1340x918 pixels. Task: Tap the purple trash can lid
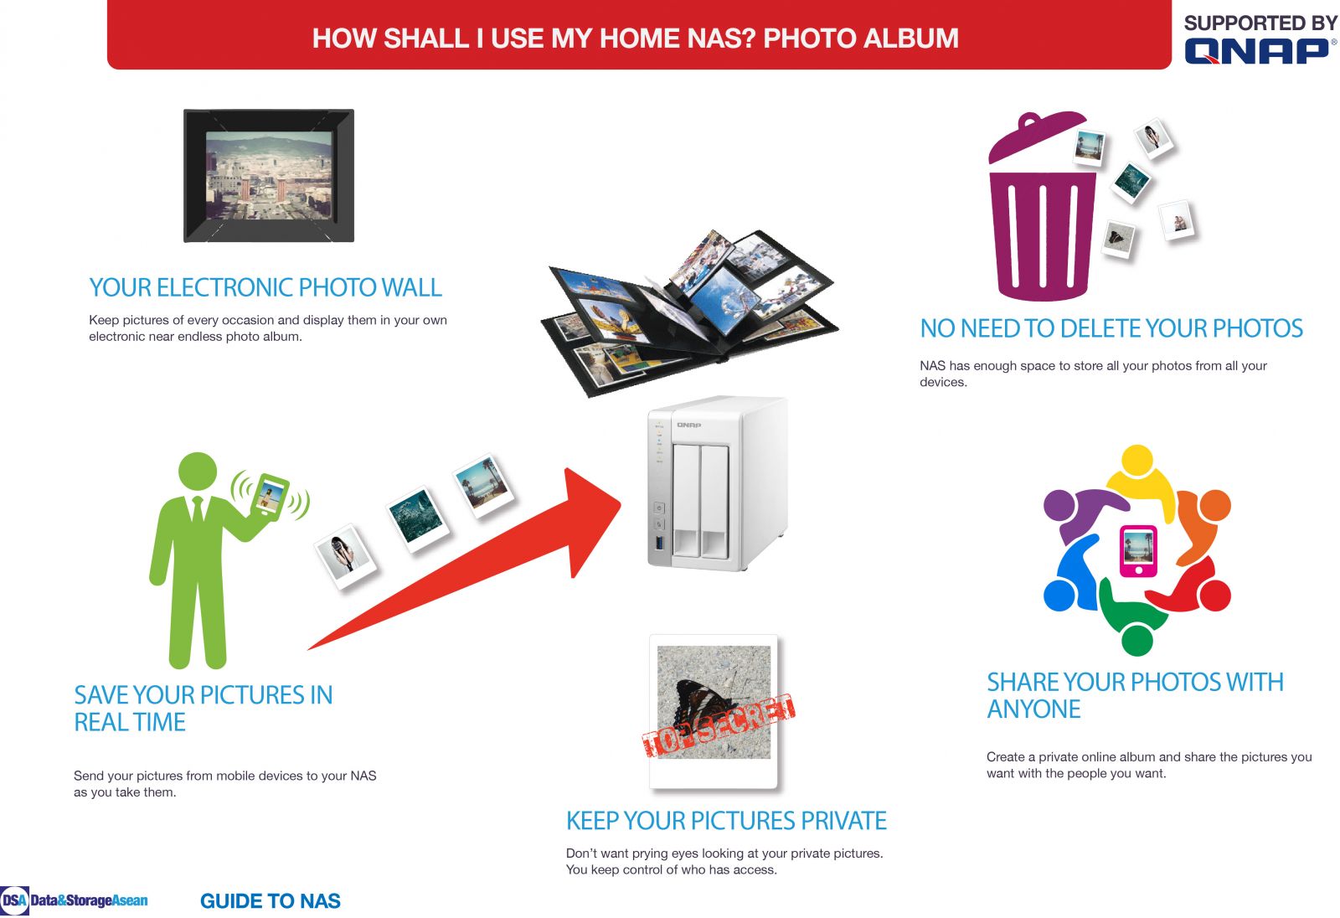1038,137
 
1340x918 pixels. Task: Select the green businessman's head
198,471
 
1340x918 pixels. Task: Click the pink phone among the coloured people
1138,550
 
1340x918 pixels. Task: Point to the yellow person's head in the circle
1137,460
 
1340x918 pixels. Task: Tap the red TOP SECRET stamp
719,725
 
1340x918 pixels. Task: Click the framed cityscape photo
269,175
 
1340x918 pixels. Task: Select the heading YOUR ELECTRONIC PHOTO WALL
265,288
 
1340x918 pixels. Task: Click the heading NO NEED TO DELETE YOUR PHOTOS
1111,328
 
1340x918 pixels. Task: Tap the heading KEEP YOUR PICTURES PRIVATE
726,821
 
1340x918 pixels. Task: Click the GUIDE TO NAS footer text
271,900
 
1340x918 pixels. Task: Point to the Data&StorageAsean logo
74,900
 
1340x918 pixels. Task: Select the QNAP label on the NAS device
688,425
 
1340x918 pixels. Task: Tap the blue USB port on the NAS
660,544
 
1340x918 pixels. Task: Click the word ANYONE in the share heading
1033,709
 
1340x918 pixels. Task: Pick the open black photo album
689,312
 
